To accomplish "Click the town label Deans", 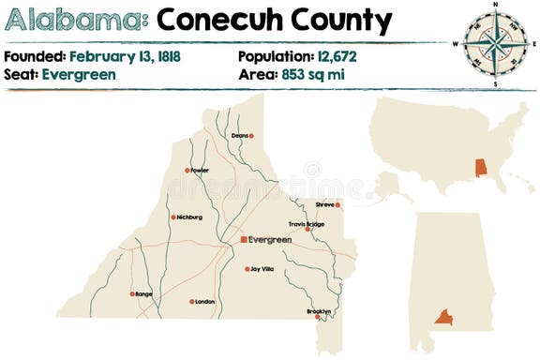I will tap(239, 136).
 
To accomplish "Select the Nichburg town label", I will tap(189, 217).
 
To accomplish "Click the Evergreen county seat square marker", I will tap(244, 240).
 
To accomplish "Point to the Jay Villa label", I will tap(262, 269).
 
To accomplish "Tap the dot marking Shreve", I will tap(338, 204).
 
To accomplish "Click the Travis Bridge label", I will tap(307, 224).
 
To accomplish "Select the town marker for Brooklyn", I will tap(319, 318).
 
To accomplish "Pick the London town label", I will tap(205, 302).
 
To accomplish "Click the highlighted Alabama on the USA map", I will tap(481, 169).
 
